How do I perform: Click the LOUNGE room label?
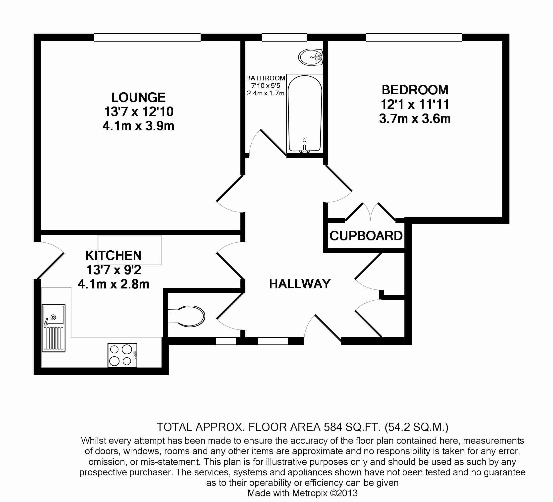coord(138,97)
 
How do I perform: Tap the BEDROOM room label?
coord(415,90)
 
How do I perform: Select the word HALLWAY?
coord(300,284)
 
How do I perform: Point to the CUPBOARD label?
coord(366,236)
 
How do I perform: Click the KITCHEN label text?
coord(113,255)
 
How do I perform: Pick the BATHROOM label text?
coord(266,78)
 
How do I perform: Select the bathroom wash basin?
coord(311,57)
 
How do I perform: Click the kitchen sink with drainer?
coord(54,328)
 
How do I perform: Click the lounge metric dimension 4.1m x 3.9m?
coord(138,126)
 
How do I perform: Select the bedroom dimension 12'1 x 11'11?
coord(415,105)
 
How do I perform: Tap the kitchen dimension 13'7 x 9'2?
coord(113,270)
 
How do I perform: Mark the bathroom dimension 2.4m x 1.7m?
coord(266,93)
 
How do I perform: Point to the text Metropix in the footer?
coord(310,493)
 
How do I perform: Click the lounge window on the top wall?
coord(147,37)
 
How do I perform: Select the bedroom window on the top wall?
coord(414,37)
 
